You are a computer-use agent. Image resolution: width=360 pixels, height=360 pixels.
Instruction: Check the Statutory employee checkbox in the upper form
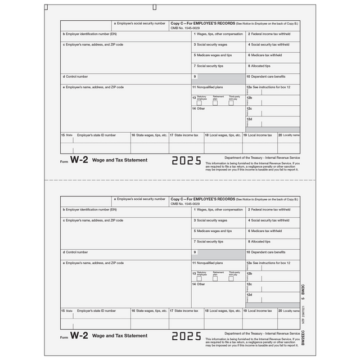pyautogui.click(x=199, y=103)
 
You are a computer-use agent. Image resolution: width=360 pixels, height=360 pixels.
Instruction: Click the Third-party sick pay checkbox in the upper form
pyautogui.click(x=231, y=103)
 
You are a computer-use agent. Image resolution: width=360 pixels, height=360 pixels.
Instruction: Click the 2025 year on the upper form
pyautogui.click(x=186, y=161)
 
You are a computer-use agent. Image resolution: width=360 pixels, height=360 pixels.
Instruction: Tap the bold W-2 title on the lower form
pyautogui.click(x=79, y=335)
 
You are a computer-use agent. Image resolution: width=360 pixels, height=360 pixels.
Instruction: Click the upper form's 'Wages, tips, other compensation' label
pyautogui.click(x=219, y=34)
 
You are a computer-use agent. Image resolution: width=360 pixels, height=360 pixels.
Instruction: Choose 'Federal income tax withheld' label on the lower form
pyautogui.click(x=269, y=210)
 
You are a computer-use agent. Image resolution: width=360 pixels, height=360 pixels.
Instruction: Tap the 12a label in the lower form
pyautogui.click(x=249, y=263)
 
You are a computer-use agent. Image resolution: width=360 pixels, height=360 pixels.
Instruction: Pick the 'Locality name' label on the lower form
pyautogui.click(x=290, y=310)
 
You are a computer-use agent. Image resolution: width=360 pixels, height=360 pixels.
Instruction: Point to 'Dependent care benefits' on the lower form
pyautogui.click(x=268, y=252)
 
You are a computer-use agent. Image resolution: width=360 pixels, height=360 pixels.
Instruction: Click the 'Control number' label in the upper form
pyautogui.click(x=76, y=76)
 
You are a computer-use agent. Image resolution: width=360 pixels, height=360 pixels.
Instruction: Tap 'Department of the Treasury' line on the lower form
pyautogui.click(x=262, y=334)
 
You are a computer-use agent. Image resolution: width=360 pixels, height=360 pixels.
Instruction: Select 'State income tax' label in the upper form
pyautogui.click(x=185, y=135)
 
